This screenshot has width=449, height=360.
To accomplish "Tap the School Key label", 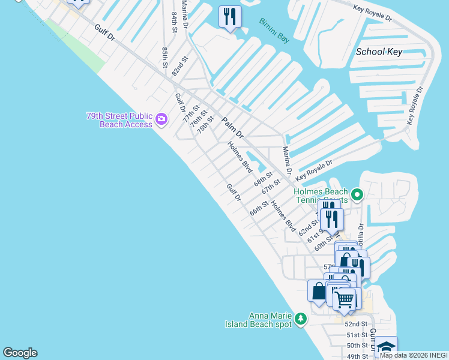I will [x=379, y=52].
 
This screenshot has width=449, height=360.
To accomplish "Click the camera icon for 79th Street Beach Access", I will [x=161, y=119].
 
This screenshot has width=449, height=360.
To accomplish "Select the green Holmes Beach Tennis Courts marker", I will [x=357, y=194].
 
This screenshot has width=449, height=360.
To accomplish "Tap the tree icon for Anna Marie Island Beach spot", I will [x=301, y=318].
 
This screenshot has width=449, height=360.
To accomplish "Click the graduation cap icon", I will [x=386, y=348].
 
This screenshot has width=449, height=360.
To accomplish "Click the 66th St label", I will [x=259, y=209].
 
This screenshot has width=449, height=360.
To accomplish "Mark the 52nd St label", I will [x=356, y=324].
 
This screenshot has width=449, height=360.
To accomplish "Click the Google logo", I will [x=20, y=353].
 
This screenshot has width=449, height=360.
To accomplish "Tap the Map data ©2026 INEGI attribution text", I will [x=414, y=355].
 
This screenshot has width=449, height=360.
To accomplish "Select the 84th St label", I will [x=175, y=22].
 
